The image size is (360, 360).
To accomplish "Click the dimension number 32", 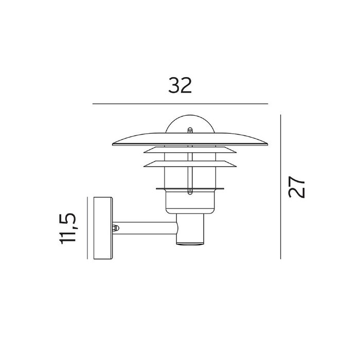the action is pyautogui.click(x=180, y=85).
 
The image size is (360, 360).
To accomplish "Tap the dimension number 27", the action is pyautogui.click(x=296, y=187).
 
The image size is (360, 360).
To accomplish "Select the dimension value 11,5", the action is pyautogui.click(x=67, y=229).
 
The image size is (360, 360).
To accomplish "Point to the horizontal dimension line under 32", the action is pyautogui.click(x=180, y=104).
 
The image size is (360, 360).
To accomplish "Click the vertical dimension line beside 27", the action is pyautogui.click(x=281, y=187).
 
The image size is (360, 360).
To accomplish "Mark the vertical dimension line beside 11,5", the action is pyautogui.click(x=87, y=228).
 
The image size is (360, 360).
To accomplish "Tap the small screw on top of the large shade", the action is pyautogui.click(x=190, y=131).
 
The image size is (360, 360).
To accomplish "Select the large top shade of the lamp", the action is pyautogui.click(x=190, y=139).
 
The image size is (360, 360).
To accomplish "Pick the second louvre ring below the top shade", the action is pyautogui.click(x=190, y=150).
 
